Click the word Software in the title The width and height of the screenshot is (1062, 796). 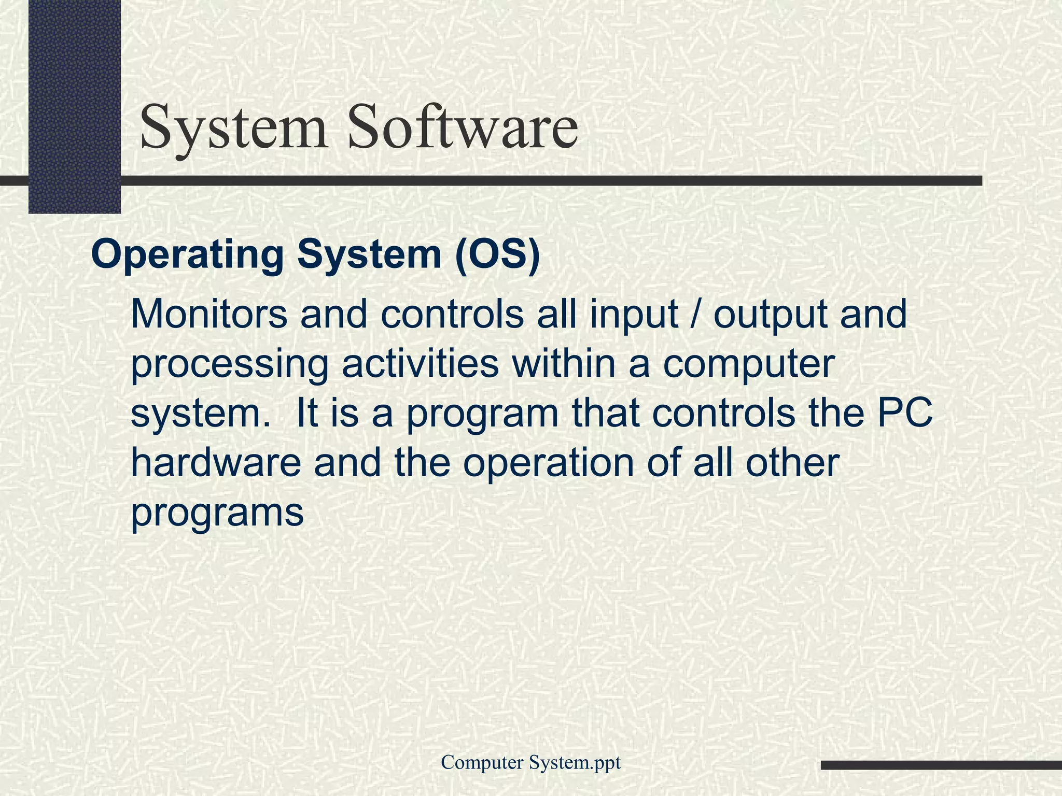tap(463, 127)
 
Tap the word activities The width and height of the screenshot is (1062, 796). tap(420, 364)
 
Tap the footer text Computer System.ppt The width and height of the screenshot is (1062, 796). tap(530, 762)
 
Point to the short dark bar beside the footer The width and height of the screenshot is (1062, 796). tap(941, 765)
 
